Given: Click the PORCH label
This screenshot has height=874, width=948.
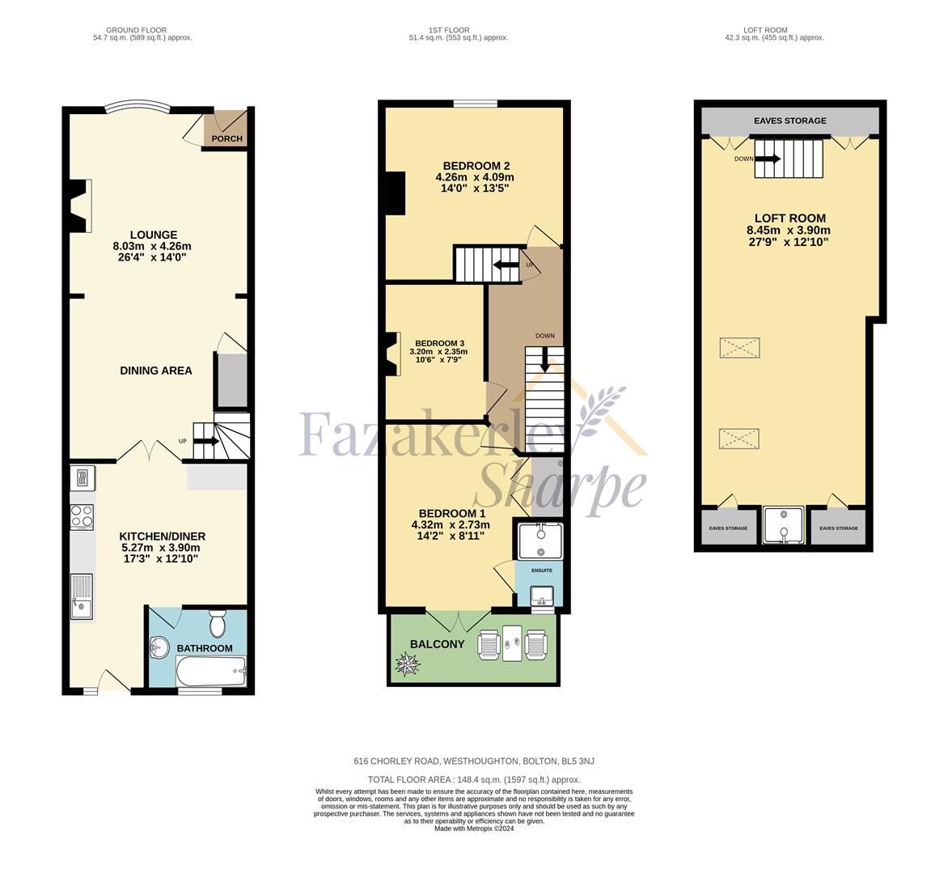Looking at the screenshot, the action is pos(226,138).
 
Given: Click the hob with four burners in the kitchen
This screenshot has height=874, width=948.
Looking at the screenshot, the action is pos(83,517).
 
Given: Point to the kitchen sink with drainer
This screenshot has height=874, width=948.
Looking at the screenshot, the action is pos(82,596).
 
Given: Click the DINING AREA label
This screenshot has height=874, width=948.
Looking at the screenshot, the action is pos(156,371).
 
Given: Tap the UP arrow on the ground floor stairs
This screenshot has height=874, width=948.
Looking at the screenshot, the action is pos(206,441).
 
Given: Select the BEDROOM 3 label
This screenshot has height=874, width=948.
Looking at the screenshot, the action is pos(439,343).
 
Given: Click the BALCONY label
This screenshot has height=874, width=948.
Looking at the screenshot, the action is pos(437,644).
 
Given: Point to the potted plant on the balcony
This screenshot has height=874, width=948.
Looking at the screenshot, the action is pos(408,664).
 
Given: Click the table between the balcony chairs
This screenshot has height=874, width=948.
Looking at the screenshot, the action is pos(512,643).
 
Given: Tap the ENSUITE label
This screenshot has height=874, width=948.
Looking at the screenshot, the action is pos(542,571).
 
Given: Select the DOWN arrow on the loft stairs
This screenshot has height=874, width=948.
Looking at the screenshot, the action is pos(768,159).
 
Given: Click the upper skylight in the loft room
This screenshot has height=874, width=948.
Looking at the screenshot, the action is pos(739,348).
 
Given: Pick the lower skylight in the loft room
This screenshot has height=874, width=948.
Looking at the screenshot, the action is pos(739,439).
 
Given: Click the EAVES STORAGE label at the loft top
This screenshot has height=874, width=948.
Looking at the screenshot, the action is pos(790,121).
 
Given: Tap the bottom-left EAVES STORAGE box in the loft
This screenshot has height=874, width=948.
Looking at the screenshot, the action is pos(729,528).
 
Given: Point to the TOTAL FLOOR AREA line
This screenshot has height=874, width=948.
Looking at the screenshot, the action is pos(474,779).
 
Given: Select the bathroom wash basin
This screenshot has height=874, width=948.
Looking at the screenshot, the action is pos(159,647).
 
